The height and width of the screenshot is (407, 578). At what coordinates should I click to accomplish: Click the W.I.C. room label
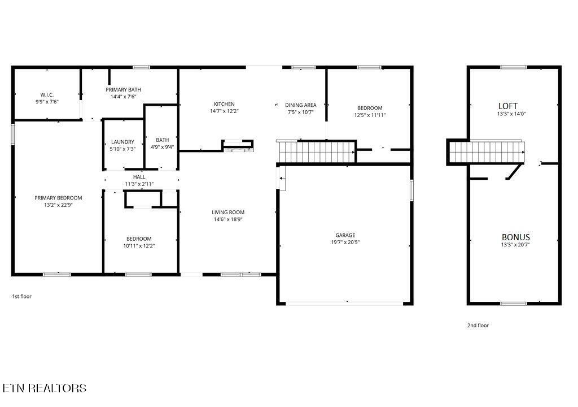pos(47,95)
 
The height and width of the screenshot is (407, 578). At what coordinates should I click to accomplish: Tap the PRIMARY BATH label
pos(123,90)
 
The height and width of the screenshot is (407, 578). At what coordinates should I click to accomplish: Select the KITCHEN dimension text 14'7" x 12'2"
pos(224,111)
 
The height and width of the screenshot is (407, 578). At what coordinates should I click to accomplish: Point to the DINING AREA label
pos(300,105)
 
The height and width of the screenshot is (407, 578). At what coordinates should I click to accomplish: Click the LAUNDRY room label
pos(122,142)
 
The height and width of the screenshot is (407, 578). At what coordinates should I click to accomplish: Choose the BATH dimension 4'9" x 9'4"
pos(162,147)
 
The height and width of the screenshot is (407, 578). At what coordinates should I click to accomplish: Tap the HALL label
pos(139,177)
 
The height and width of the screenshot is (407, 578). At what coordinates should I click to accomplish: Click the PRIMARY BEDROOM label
pos(58,198)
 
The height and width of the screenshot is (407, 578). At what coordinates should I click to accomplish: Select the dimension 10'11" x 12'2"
pos(139,246)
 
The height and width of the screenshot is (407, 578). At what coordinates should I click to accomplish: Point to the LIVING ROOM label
pos(228,213)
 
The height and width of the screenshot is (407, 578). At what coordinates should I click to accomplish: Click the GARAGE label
pos(345,235)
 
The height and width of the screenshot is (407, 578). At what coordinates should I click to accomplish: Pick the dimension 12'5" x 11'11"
pos(370,115)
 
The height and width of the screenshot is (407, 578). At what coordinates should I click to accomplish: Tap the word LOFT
pos(508,106)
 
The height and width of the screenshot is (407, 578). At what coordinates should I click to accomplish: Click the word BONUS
pos(516,237)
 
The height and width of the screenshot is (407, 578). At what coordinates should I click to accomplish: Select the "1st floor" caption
pos(22,296)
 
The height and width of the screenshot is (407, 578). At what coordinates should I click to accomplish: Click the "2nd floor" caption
pos(478,326)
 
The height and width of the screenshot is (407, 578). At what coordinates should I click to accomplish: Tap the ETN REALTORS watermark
pos(45,388)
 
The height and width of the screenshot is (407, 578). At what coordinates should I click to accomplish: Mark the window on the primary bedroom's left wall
pos(12,134)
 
